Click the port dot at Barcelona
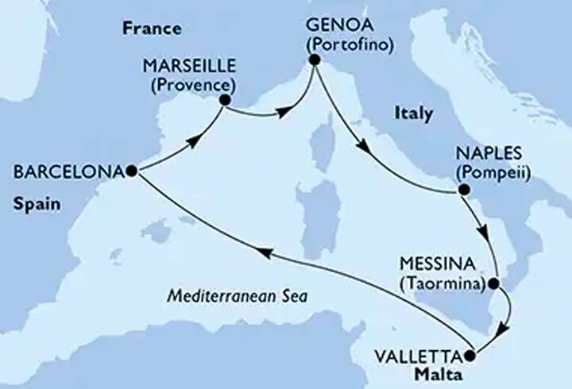(129, 171)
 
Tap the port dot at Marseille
(224, 100)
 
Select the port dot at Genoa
(315, 60)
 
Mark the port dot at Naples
(460, 190)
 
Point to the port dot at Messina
(494, 283)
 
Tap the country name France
(151, 29)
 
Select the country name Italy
(413, 114)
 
